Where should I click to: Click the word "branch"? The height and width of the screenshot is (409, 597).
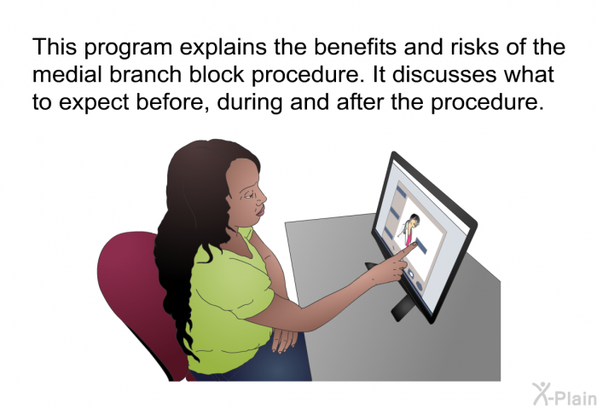[x=146, y=74]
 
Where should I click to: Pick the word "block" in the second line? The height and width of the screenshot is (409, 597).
[x=217, y=74]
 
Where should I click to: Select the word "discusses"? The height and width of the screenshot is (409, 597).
[x=444, y=74]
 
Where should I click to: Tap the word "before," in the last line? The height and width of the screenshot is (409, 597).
[x=172, y=102]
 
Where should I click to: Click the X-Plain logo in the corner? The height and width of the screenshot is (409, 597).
[x=565, y=395]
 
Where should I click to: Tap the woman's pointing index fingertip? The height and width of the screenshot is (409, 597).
[x=414, y=245]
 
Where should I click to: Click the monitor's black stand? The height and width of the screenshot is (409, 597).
[x=403, y=308]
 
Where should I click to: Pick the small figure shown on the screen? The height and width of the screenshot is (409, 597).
[x=409, y=229]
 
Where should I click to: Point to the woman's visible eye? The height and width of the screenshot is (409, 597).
[x=248, y=194]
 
